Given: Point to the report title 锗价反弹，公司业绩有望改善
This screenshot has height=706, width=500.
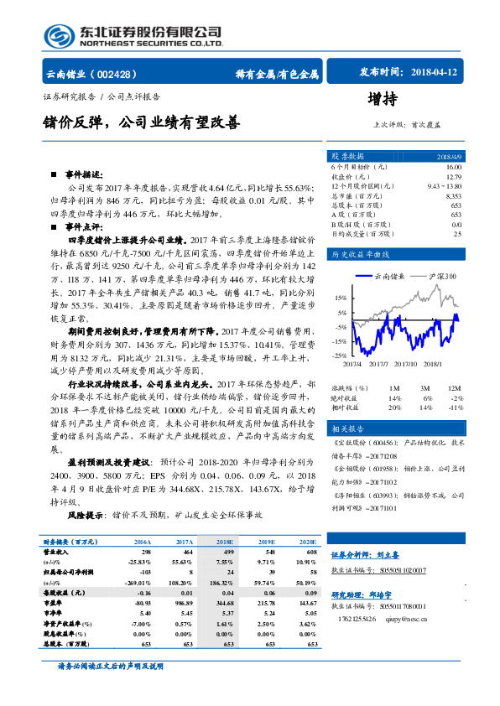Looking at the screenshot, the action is click(x=142, y=122).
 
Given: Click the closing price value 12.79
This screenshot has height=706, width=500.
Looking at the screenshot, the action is click(x=454, y=177).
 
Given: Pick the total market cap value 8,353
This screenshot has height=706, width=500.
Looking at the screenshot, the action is click(x=453, y=195).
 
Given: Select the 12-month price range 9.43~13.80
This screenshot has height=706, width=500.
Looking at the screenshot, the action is click(x=445, y=186).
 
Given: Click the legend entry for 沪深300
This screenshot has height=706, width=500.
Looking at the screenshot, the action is click(x=437, y=276).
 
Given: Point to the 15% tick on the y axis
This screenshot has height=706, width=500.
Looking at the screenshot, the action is click(x=340, y=298).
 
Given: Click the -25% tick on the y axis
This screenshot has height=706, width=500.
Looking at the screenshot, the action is click(x=338, y=356).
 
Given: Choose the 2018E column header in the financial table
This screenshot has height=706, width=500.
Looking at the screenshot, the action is click(x=225, y=542).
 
